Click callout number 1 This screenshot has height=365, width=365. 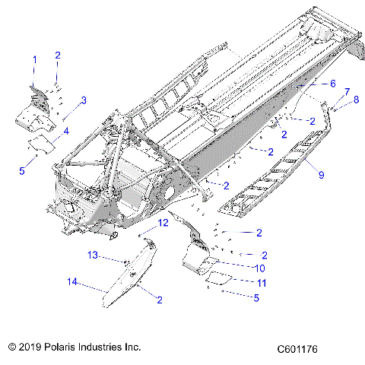coord(33,59)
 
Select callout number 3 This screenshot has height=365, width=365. coord(84,100)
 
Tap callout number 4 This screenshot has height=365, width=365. coord(65,132)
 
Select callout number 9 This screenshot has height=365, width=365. coord(321,175)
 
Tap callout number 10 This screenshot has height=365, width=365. coord(259,268)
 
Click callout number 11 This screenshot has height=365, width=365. coord(261,283)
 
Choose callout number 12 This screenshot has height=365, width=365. coord(163,223)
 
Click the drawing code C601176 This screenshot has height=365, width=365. coord(297,349)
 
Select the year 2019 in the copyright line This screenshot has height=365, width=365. coord(32,347)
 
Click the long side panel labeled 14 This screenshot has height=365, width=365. coord(122,285)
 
